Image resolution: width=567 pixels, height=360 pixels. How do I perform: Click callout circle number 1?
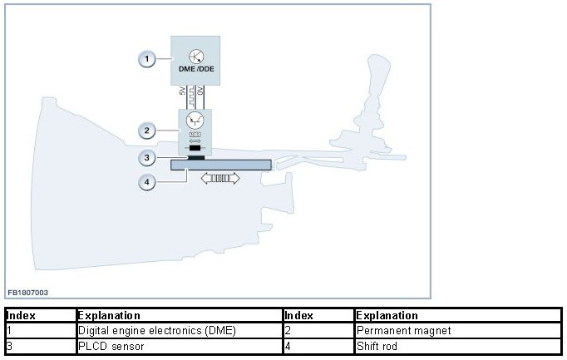(x=146, y=59)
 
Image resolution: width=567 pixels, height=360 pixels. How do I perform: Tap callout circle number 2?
(x=146, y=131)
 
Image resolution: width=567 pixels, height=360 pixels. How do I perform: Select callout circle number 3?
(x=146, y=156)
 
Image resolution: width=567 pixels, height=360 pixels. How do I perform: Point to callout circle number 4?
(x=146, y=183)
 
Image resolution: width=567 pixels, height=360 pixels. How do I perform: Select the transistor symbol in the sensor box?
(x=195, y=120)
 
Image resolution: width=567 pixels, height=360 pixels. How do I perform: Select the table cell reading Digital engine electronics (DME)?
(x=156, y=330)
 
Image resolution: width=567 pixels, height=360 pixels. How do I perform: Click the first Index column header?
(x=20, y=315)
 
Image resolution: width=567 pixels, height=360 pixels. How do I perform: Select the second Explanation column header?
(x=387, y=315)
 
